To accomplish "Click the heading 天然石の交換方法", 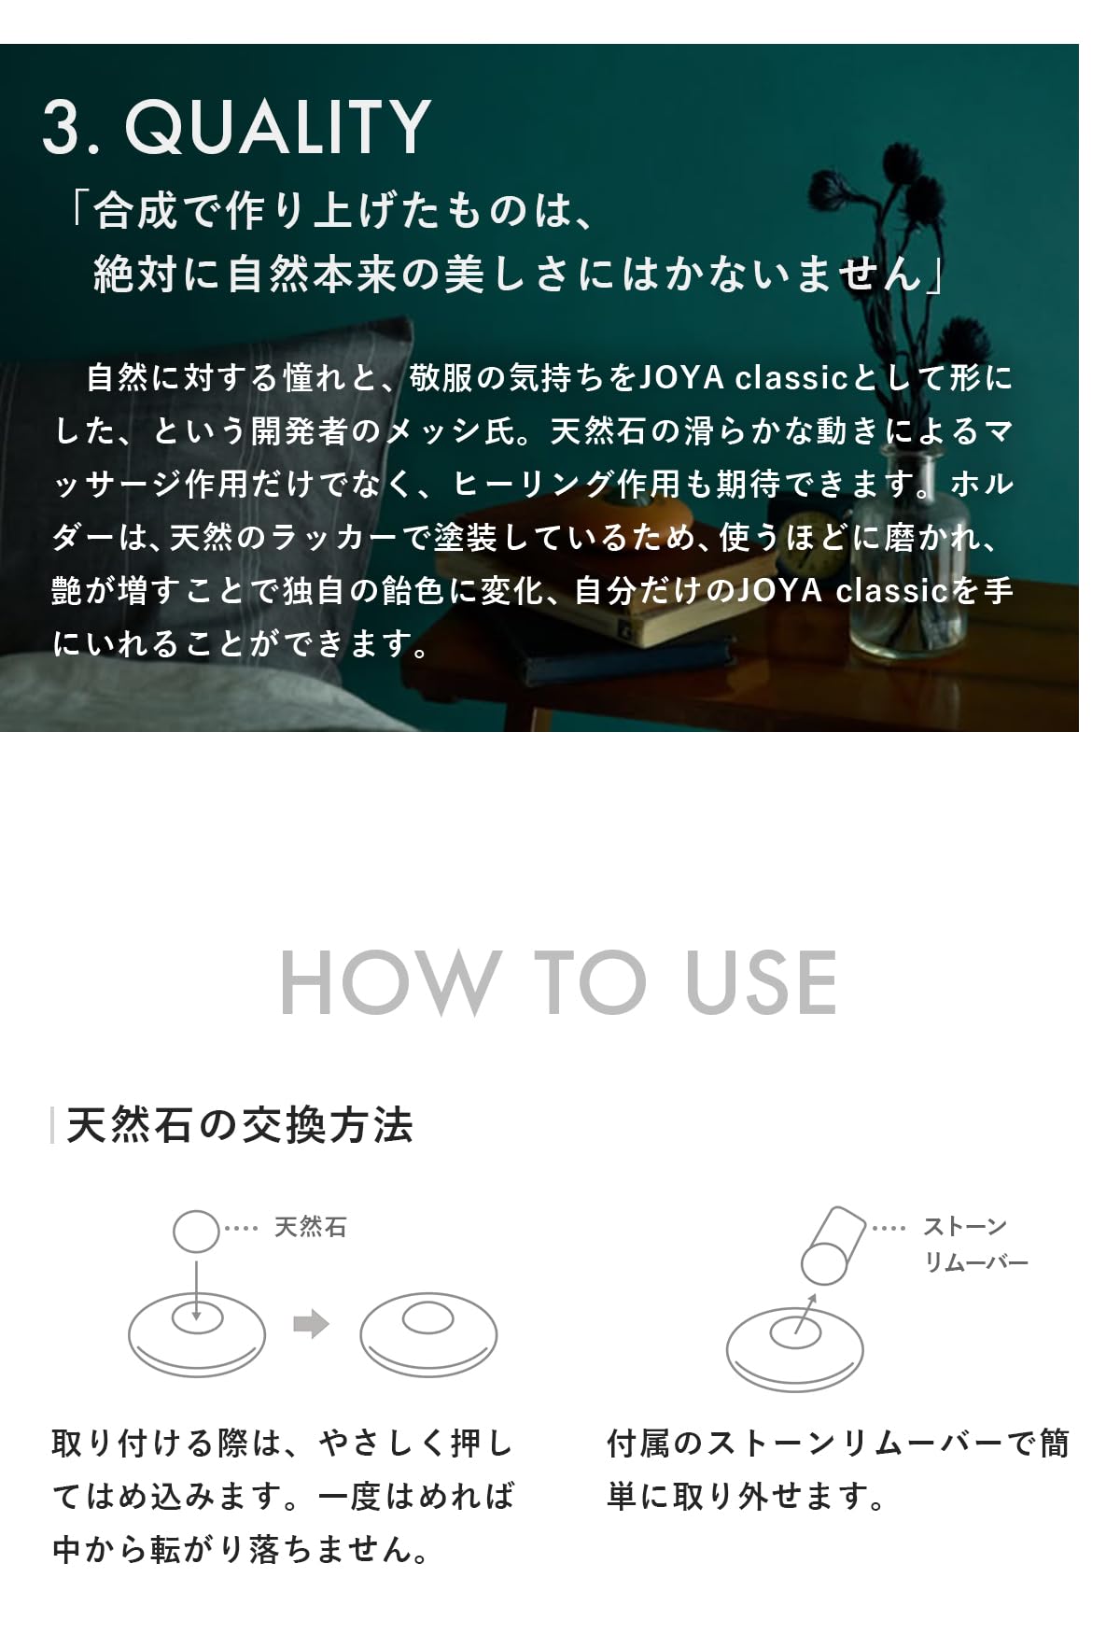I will coord(240,1125).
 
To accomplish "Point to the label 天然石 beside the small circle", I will coord(310,1227).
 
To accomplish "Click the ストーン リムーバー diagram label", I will coord(974,1244).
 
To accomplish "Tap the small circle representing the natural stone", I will coord(196,1231).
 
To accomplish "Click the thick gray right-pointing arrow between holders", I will coord(311,1324).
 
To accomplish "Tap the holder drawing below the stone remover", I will coord(794,1349).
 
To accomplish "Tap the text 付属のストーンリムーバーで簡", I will coord(837,1444).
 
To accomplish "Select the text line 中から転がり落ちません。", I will coord(241,1550).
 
